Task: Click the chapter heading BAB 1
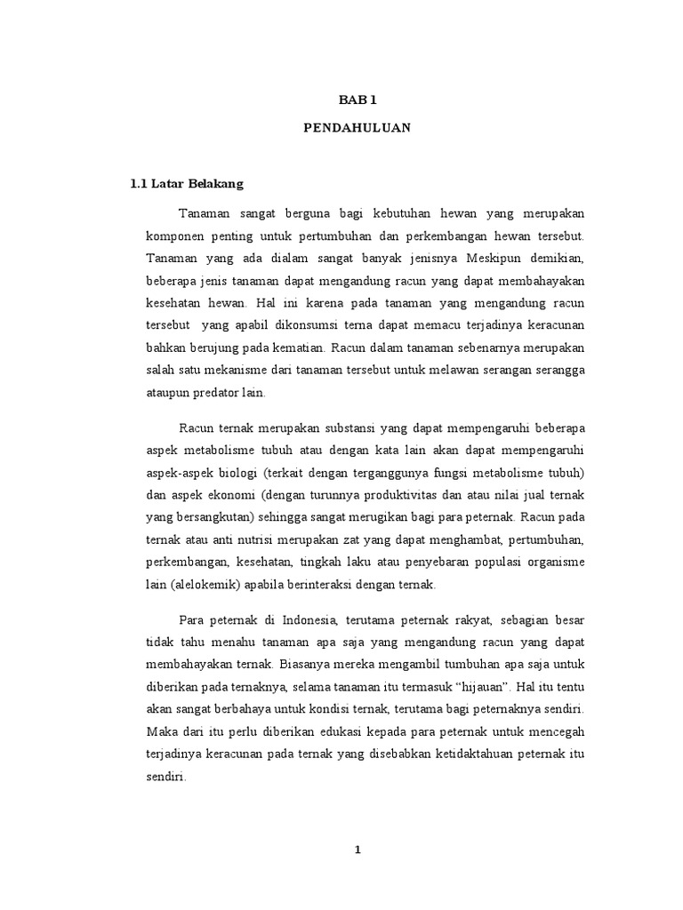tap(357, 102)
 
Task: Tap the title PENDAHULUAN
tap(357, 128)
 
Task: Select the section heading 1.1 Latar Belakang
tap(186, 184)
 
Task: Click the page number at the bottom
tap(358, 850)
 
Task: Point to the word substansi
tap(334, 427)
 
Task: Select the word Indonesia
tap(307, 619)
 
